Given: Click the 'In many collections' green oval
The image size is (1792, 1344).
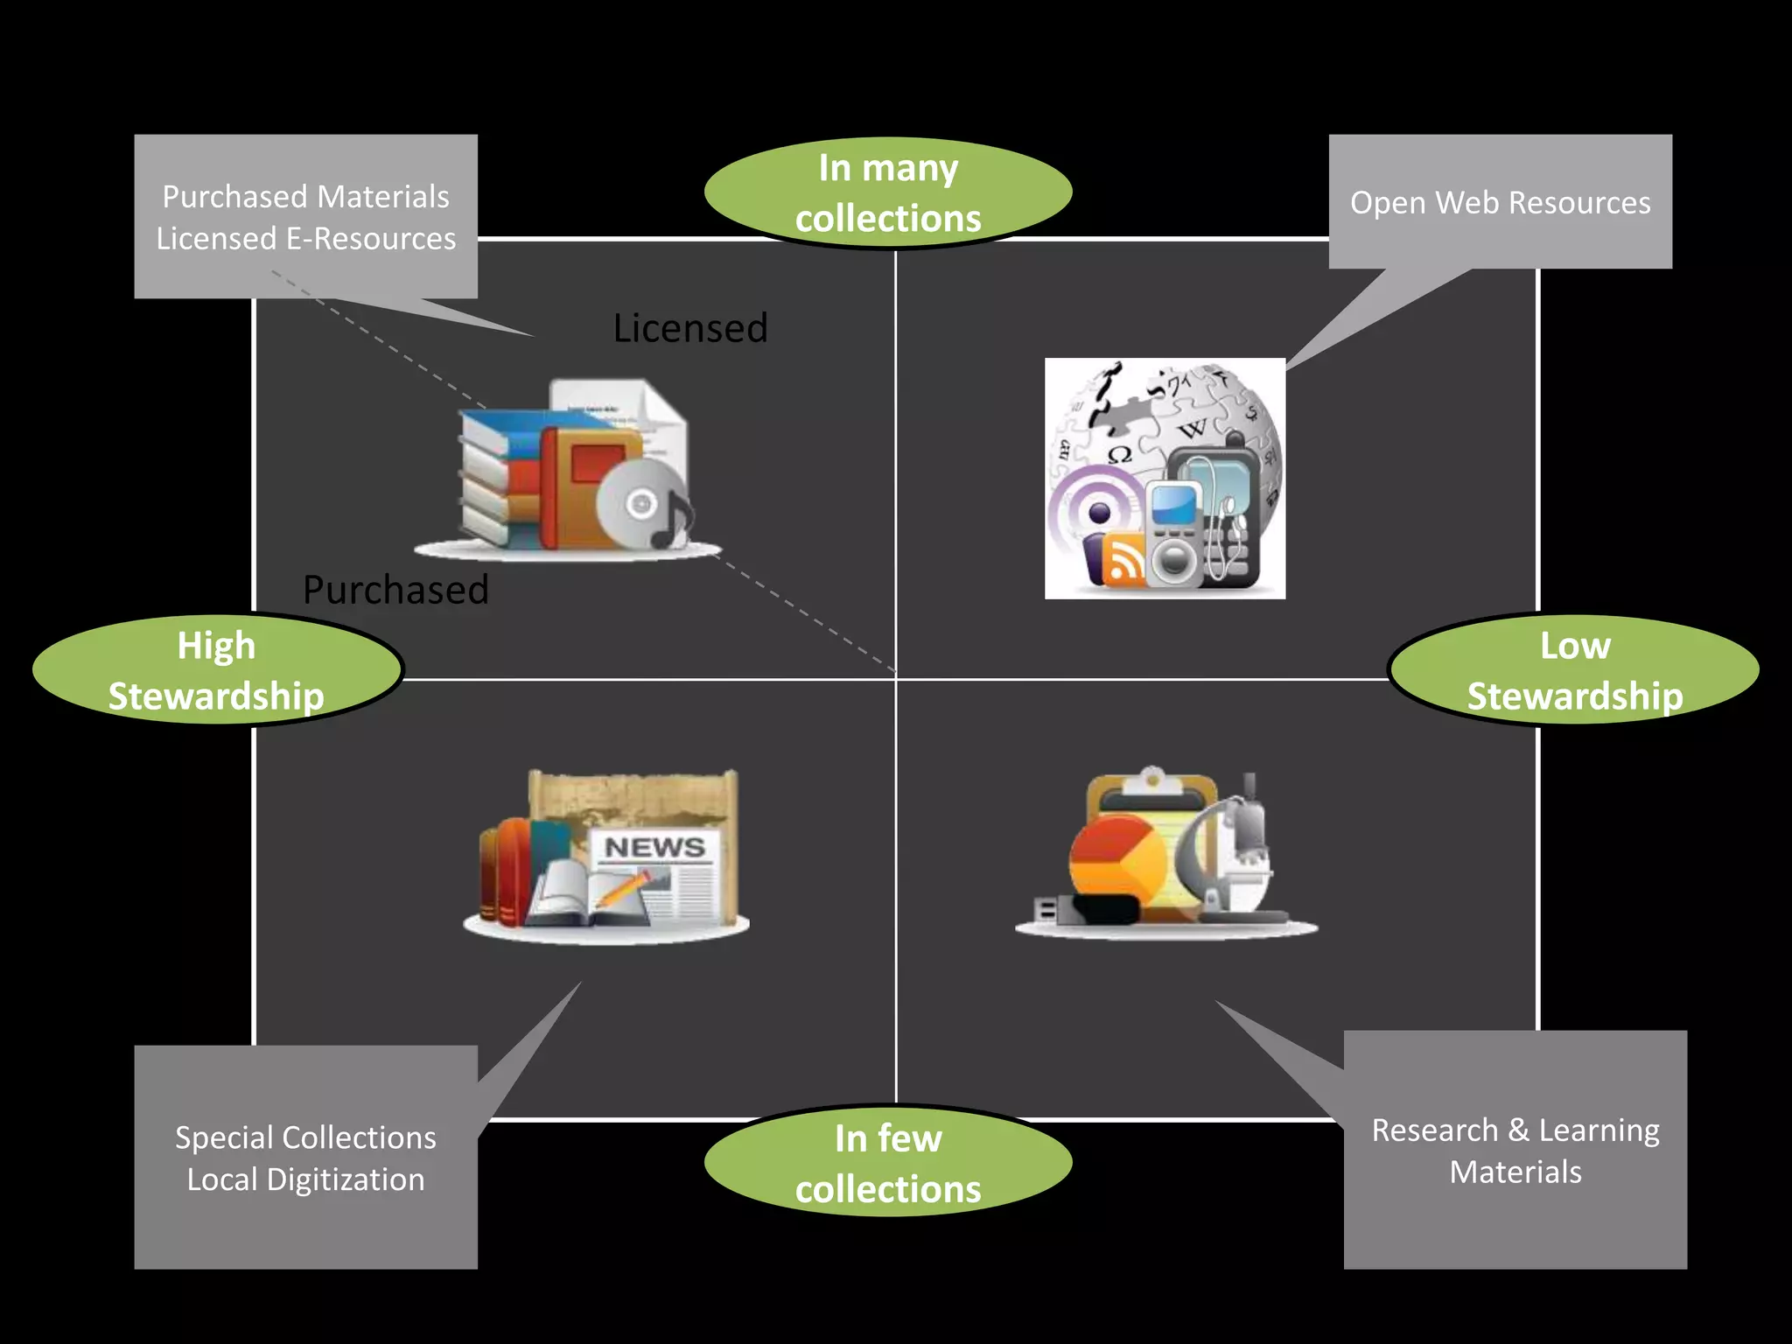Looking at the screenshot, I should click(887, 192).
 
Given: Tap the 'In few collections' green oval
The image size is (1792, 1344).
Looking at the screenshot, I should click(887, 1163).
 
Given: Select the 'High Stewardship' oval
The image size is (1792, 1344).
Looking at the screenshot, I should click(216, 670).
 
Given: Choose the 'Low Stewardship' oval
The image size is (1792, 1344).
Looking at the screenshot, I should click(1574, 670).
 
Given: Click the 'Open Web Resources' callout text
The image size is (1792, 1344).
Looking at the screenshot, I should click(1500, 203).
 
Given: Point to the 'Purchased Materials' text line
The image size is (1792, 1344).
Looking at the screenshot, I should click(305, 197).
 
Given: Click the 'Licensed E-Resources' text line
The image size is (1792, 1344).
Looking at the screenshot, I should click(305, 239).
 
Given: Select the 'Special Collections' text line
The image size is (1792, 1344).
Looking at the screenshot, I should click(305, 1137).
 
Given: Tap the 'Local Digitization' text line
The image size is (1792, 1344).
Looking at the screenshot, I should click(305, 1179).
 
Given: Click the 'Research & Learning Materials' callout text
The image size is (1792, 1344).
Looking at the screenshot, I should click(1515, 1151).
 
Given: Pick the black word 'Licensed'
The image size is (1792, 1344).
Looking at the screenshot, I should click(689, 329).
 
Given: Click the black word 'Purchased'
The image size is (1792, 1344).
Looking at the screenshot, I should click(395, 590).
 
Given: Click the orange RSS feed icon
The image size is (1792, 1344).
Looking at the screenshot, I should click(1123, 559).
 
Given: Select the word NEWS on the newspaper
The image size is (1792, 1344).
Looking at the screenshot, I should click(654, 847).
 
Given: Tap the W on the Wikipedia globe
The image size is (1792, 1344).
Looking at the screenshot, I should click(1192, 429).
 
